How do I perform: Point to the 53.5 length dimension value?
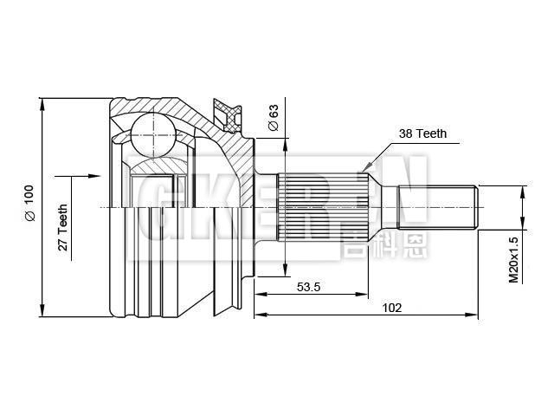click(x=309, y=287)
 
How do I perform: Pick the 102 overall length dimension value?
click(x=391, y=307)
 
